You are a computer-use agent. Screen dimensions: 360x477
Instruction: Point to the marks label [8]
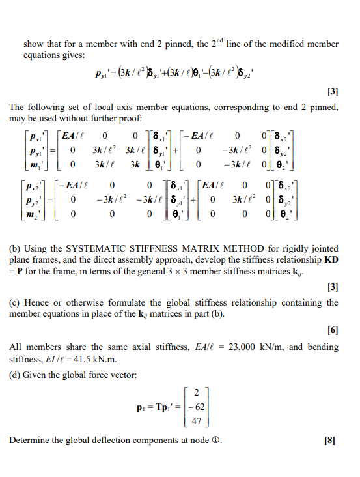point(332,441)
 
